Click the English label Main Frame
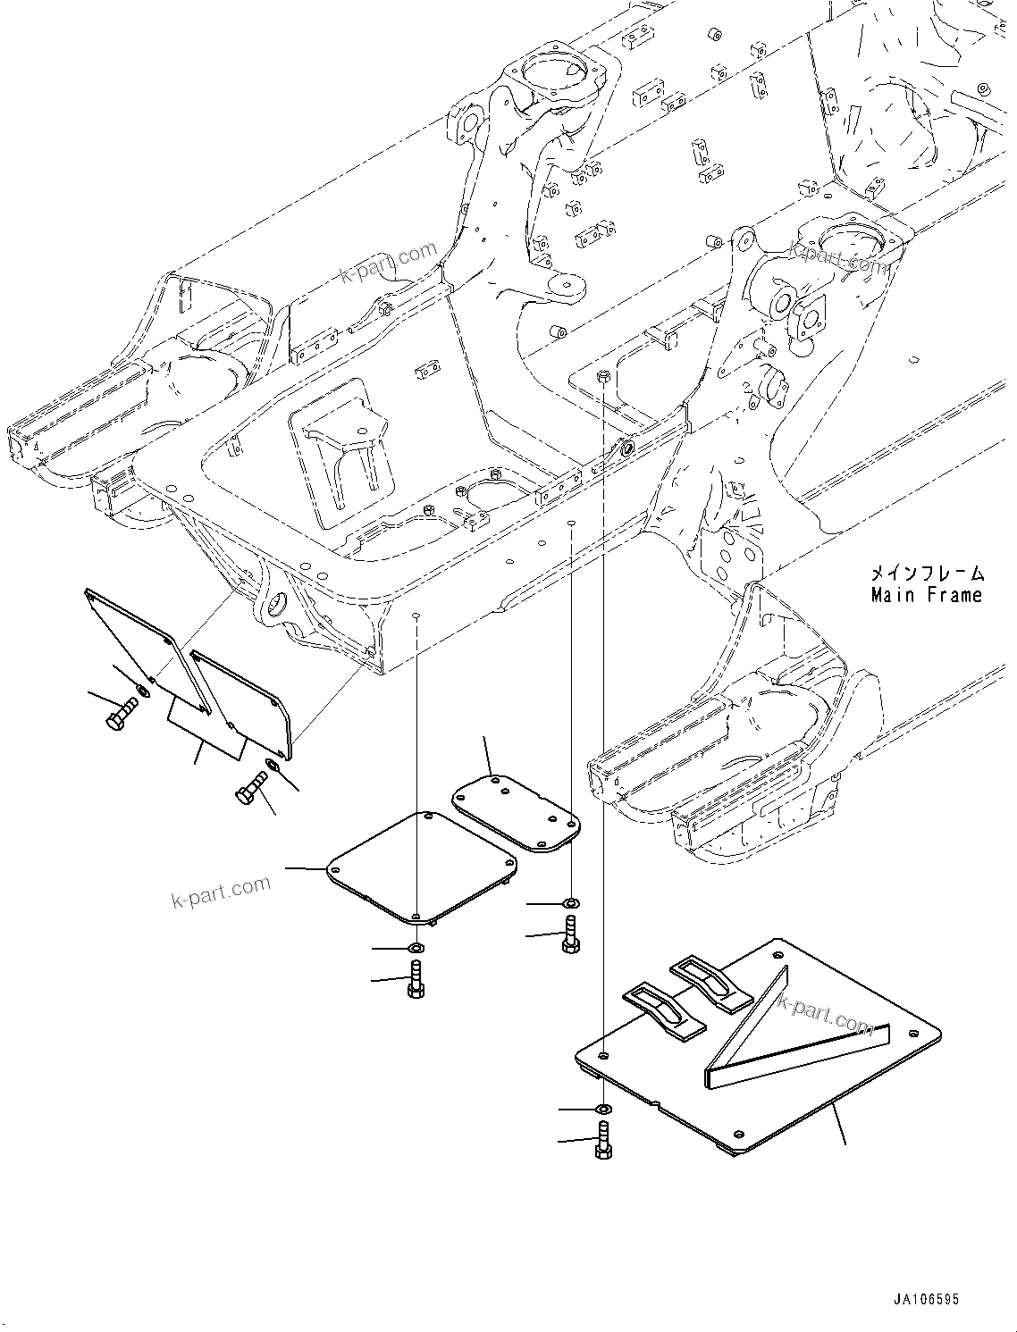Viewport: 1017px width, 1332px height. point(926,596)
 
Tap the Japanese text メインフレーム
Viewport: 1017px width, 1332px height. point(926,573)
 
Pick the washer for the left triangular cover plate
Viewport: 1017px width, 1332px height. point(143,691)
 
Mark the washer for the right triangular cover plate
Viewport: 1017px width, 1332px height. point(272,766)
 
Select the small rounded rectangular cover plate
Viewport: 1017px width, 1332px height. point(514,808)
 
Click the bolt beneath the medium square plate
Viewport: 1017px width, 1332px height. point(416,981)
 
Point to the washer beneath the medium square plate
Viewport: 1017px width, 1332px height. point(417,947)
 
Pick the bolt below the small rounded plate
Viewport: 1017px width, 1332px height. point(570,935)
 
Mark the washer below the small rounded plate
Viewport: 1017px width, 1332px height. point(570,904)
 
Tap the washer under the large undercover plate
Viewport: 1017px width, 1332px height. point(604,1110)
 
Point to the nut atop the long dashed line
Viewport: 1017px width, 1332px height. point(604,374)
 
